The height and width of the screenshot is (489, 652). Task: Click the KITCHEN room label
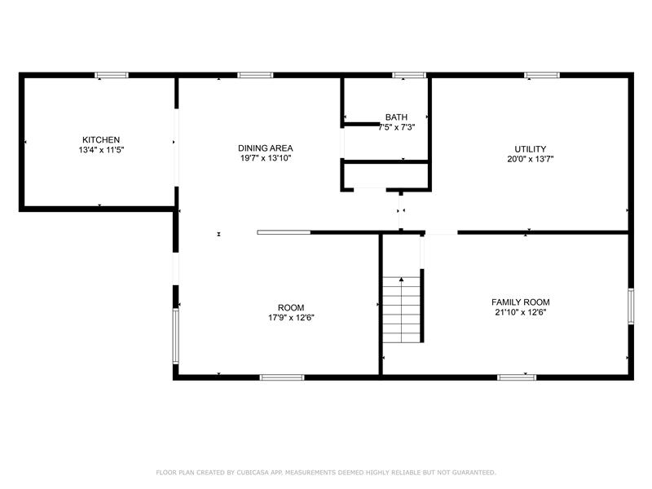pyautogui.click(x=101, y=139)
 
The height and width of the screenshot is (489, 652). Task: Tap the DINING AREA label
pyautogui.click(x=266, y=148)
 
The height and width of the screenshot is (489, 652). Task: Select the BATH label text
pyautogui.click(x=396, y=117)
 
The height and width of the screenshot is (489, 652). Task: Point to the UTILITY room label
pyautogui.click(x=531, y=149)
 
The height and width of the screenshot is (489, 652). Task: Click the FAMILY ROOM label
pyautogui.click(x=521, y=302)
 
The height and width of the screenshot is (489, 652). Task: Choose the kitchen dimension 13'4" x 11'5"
pyautogui.click(x=101, y=150)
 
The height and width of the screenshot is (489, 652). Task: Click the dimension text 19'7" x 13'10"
pyautogui.click(x=266, y=158)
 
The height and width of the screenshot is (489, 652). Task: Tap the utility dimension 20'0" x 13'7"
pyautogui.click(x=531, y=159)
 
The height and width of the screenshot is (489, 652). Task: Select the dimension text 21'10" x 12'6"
pyautogui.click(x=521, y=312)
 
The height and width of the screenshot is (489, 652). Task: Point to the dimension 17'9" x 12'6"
pyautogui.click(x=291, y=318)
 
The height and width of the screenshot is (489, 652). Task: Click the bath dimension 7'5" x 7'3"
pyautogui.click(x=397, y=127)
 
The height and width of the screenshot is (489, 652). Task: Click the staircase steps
pyautogui.click(x=401, y=310)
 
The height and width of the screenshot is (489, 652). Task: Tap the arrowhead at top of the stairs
pyautogui.click(x=401, y=280)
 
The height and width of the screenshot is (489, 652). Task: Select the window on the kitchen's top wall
pyautogui.click(x=112, y=75)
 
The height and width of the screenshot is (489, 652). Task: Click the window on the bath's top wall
pyautogui.click(x=409, y=75)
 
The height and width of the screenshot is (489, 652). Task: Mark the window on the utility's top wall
pyautogui.click(x=542, y=75)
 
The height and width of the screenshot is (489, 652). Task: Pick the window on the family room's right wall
pyautogui.click(x=631, y=306)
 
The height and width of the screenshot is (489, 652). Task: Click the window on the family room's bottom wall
pyautogui.click(x=517, y=377)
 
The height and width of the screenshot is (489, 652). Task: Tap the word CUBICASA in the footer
pyautogui.click(x=253, y=473)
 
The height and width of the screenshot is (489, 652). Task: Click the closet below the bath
pyautogui.click(x=386, y=176)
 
